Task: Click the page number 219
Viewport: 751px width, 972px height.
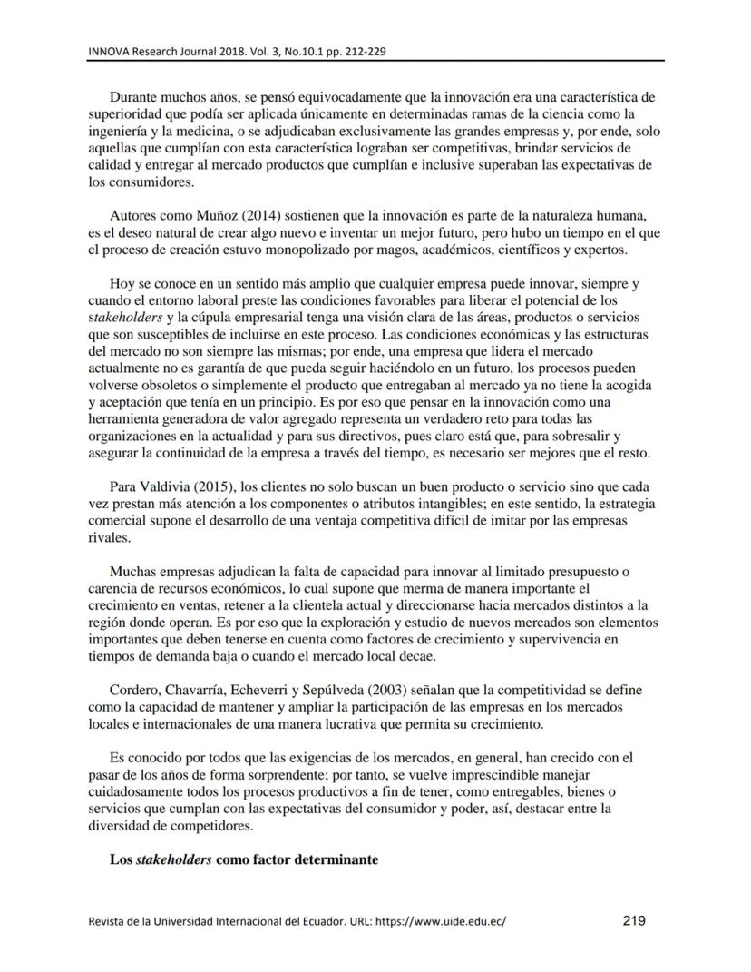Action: coord(634,921)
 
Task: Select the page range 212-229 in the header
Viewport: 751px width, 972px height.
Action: coord(364,51)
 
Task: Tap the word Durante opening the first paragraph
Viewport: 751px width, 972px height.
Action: coord(132,95)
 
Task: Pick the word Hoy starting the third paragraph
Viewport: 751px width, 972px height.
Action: coord(121,284)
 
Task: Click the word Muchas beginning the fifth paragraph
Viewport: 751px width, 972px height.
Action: coord(132,572)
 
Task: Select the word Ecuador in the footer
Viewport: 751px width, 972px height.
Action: coord(277,922)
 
